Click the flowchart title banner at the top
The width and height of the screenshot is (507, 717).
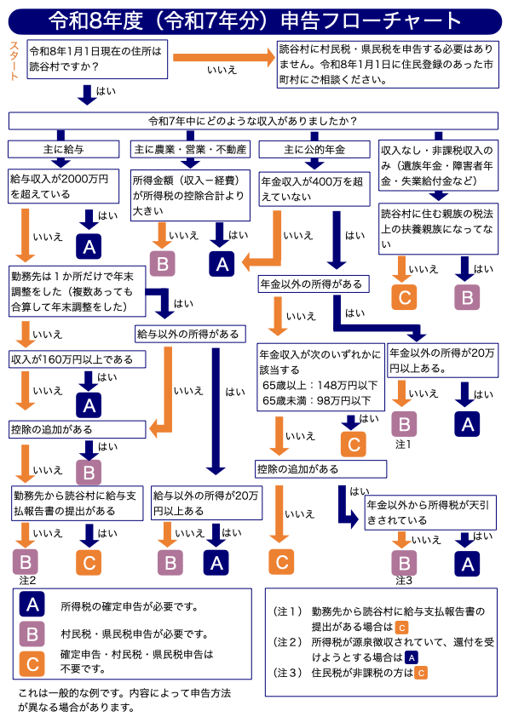[x=254, y=20]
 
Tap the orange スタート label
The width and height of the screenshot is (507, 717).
[x=14, y=60]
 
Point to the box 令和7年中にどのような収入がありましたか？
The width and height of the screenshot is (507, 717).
[x=252, y=120]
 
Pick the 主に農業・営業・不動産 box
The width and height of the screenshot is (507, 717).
[x=190, y=149]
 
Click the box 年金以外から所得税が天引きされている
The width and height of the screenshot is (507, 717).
[x=430, y=513]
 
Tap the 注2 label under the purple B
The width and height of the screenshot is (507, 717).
[x=26, y=580]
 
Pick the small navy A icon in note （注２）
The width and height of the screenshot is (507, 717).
[x=410, y=657]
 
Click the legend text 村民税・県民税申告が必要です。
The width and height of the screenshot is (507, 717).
[x=134, y=634]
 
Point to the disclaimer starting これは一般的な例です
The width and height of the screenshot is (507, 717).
[x=124, y=700]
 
